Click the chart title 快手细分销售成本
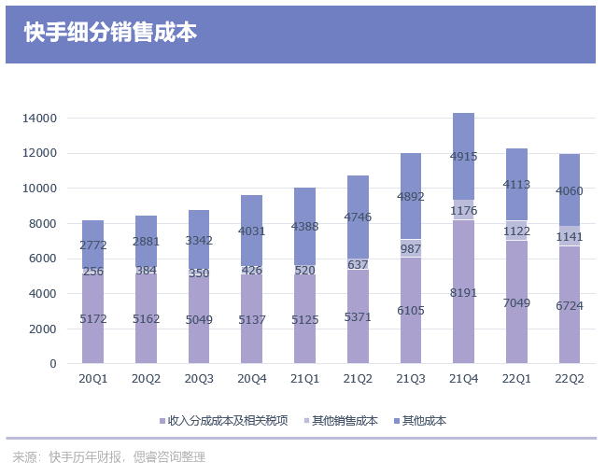point(111,33)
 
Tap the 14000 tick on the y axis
point(40,119)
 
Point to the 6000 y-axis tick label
point(43,259)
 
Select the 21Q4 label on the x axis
point(464,379)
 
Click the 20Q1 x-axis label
point(92,379)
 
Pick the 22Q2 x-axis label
point(570,379)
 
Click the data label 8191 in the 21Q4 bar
point(464,293)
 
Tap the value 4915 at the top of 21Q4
point(464,157)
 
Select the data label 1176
point(464,210)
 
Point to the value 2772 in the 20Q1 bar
point(92,245)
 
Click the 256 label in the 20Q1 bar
point(92,272)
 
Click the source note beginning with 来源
point(108,457)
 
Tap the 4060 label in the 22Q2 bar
point(570,192)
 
